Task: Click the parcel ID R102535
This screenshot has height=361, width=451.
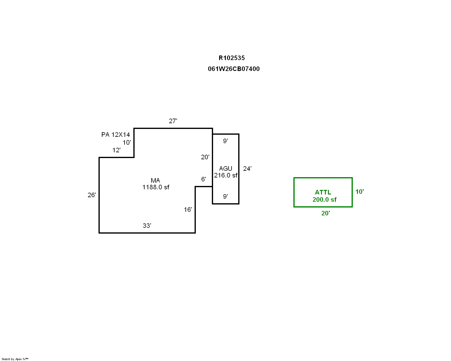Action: click(232, 58)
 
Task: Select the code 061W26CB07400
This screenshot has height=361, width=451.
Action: click(233, 69)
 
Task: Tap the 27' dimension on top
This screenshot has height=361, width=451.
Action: click(173, 121)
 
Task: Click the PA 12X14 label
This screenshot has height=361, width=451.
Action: click(115, 135)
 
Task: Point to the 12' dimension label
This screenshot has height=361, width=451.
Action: click(116, 150)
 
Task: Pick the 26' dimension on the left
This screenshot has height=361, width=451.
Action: click(92, 195)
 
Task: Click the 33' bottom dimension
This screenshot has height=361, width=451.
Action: click(147, 226)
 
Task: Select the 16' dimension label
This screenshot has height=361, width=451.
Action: click(188, 210)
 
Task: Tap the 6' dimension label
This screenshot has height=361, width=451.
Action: click(204, 179)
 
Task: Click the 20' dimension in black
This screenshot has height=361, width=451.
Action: click(205, 157)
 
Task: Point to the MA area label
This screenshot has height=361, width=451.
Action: click(155, 181)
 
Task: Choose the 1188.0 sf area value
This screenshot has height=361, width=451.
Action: click(156, 187)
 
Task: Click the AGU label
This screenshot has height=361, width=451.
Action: click(225, 169)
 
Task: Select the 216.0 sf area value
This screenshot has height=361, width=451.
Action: click(226, 175)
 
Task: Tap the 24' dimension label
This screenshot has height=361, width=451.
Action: click(247, 169)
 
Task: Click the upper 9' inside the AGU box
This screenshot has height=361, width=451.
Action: click(225, 141)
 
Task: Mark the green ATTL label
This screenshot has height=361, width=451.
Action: click(323, 192)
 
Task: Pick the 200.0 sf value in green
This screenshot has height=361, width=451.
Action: click(325, 200)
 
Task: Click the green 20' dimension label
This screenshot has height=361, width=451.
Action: click(326, 213)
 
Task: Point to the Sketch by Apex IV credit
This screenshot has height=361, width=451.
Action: click(15, 359)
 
